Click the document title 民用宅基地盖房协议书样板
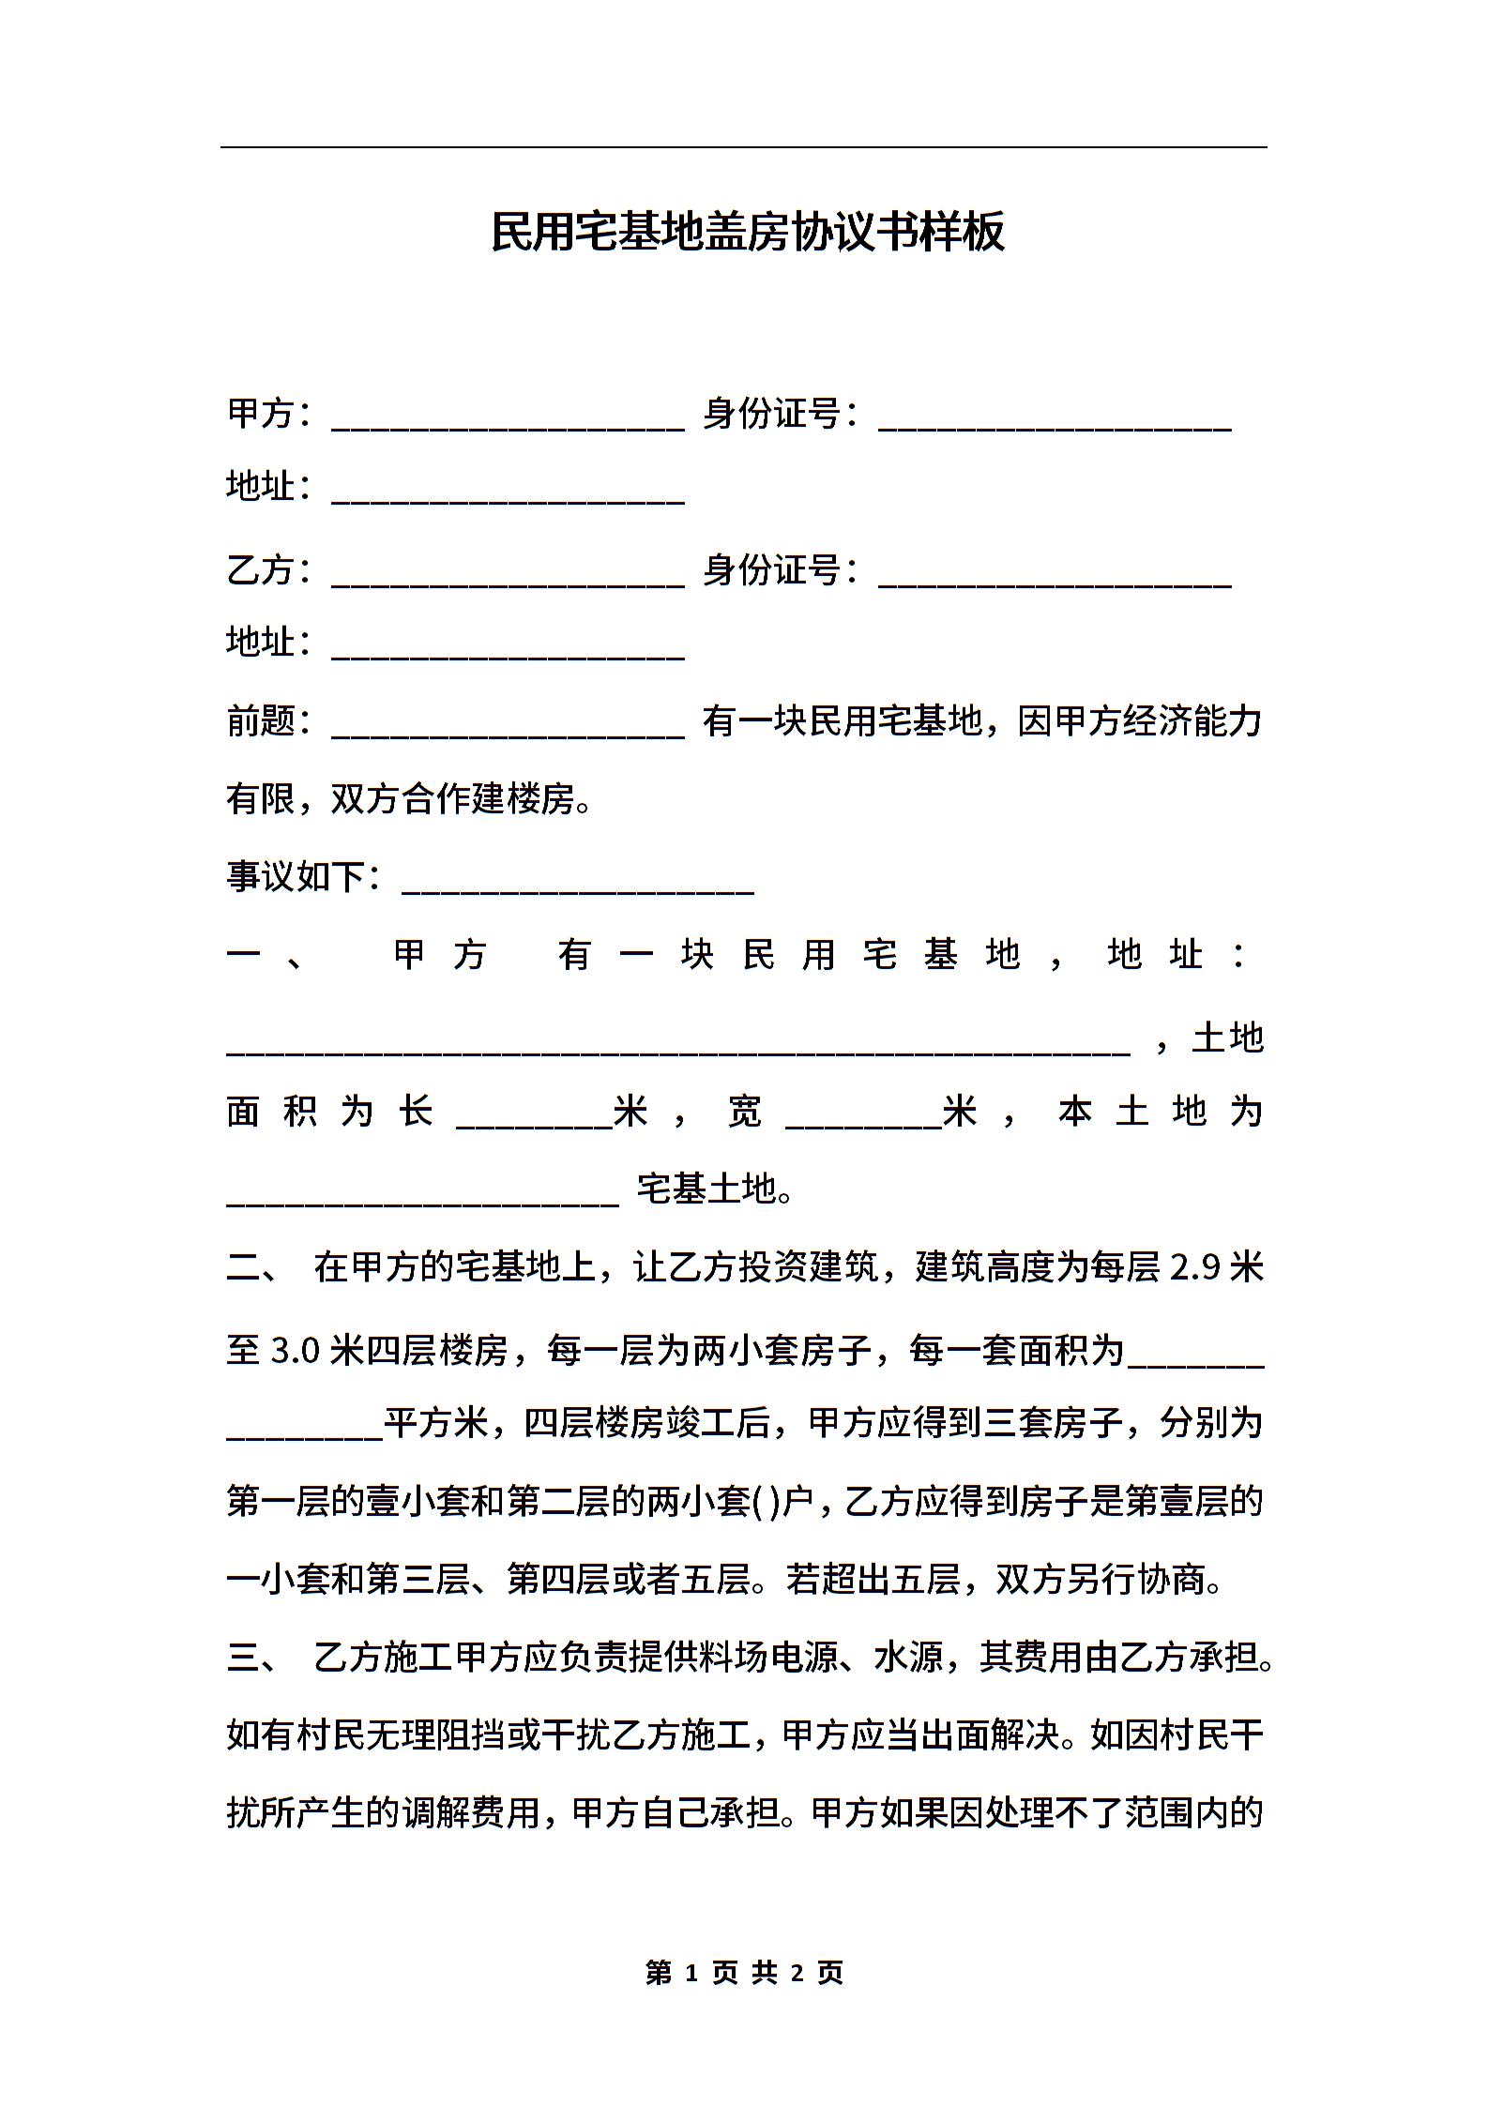[x=747, y=232]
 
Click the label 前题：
[x=268, y=722]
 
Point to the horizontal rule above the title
[x=743, y=147]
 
